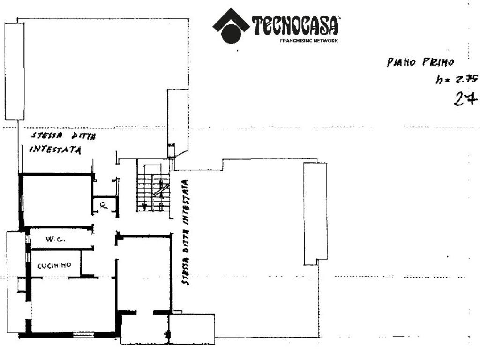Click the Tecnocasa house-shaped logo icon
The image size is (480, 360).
(x=231, y=26)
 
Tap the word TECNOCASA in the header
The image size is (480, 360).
(x=295, y=26)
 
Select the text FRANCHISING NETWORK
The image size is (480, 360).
(x=308, y=41)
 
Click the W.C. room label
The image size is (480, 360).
(x=54, y=240)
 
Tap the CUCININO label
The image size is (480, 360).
(x=54, y=265)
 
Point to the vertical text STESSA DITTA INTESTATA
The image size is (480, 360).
(x=186, y=232)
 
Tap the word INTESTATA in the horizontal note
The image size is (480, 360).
(x=55, y=150)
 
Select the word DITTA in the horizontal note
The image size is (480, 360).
(x=83, y=136)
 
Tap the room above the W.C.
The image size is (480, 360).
(x=56, y=201)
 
